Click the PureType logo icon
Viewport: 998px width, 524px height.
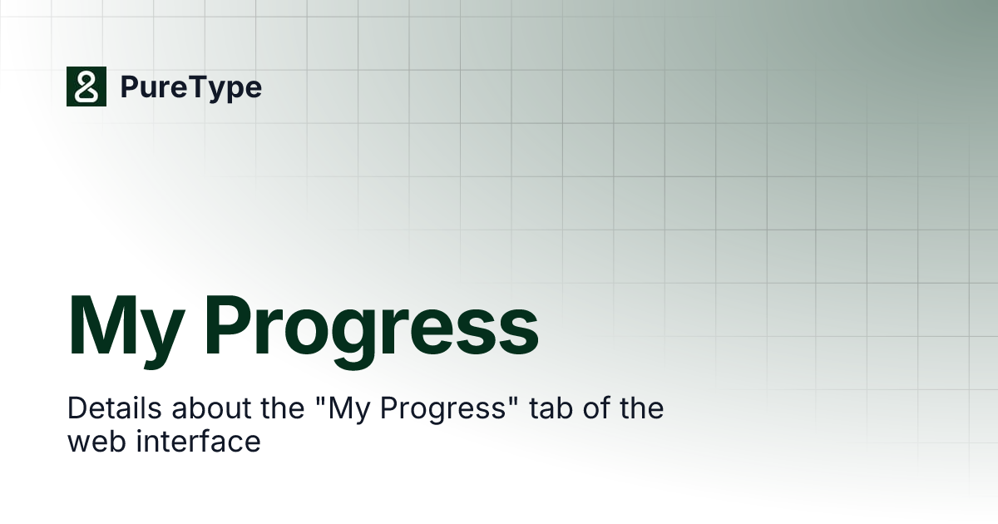pos(86,87)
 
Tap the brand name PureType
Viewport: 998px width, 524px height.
pos(190,87)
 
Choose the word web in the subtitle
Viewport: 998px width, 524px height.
pos(94,442)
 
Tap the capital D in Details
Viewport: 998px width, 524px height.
pos(77,409)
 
